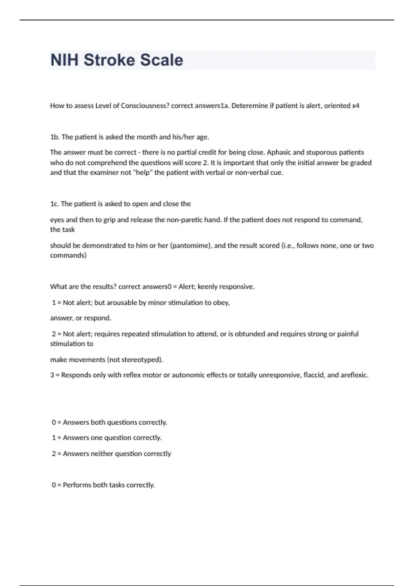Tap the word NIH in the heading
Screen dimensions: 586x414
[65, 60]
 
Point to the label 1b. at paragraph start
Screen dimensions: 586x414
[55, 137]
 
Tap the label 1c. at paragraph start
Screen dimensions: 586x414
[55, 204]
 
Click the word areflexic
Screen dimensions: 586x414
[354, 375]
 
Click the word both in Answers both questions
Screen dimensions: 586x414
[98, 422]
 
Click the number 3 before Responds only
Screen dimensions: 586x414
[52, 375]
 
